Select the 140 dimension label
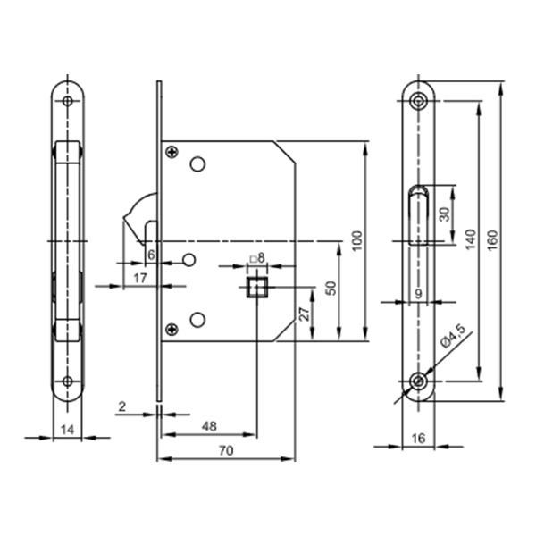470,239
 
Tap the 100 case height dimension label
356,241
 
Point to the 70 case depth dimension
226,450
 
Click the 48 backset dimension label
209,426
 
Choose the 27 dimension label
305,314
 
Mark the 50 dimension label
331,288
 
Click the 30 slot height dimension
445,214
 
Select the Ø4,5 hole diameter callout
453,337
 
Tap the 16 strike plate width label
418,438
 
